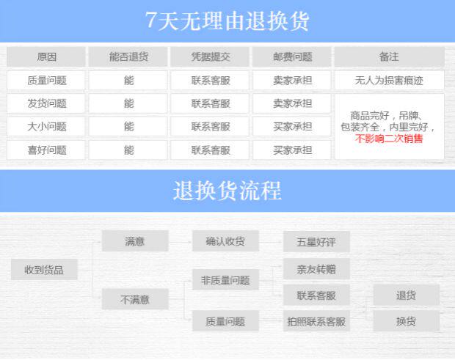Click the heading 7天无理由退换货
(x=227, y=20)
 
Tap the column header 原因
(x=46, y=56)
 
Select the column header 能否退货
(x=128, y=56)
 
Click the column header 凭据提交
(x=211, y=56)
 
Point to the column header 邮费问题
(x=292, y=56)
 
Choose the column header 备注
(x=389, y=56)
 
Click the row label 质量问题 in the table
(x=46, y=81)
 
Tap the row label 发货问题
(x=46, y=103)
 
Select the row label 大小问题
(x=46, y=126)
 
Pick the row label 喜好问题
(x=46, y=150)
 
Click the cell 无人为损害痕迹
(x=389, y=81)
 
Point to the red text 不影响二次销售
(x=389, y=138)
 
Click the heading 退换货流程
(x=227, y=191)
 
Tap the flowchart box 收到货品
(x=44, y=270)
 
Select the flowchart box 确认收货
(x=225, y=240)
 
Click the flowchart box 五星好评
(x=316, y=240)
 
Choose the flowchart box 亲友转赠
(x=316, y=269)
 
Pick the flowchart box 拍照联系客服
(x=316, y=321)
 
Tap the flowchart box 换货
(x=406, y=321)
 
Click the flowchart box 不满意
(x=135, y=299)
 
